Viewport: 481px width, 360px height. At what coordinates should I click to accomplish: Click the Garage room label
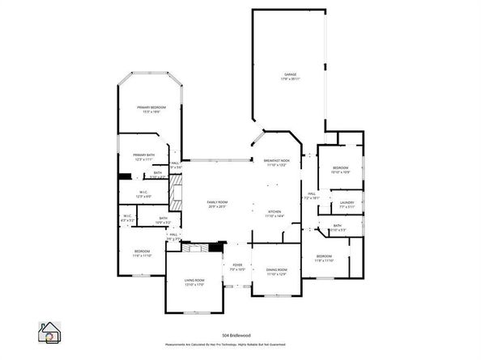click(x=290, y=74)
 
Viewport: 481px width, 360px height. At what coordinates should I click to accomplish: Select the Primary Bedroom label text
click(x=151, y=108)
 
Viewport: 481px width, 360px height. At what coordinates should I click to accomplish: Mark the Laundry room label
click(x=347, y=203)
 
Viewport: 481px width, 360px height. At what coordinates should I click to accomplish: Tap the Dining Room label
click(x=277, y=269)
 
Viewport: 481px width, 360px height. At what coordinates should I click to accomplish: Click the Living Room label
click(x=194, y=280)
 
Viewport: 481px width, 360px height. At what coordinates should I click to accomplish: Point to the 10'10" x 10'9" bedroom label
click(x=340, y=168)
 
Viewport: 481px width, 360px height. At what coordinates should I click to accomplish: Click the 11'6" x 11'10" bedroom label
click(x=143, y=252)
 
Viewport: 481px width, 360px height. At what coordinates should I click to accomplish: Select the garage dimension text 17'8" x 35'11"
click(x=290, y=78)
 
